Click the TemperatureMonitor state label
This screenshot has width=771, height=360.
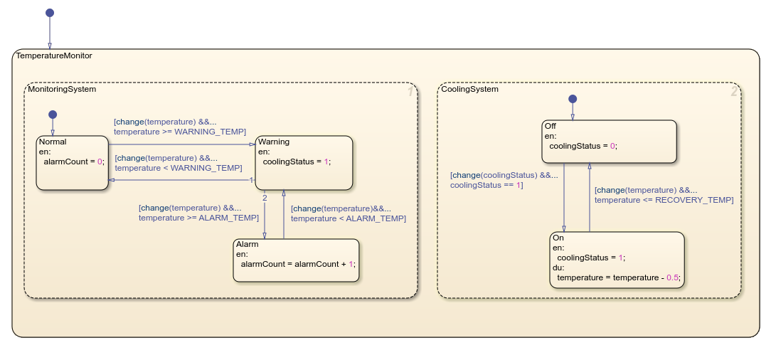(54, 55)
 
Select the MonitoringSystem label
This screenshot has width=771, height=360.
(62, 89)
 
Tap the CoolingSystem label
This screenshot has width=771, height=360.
(469, 89)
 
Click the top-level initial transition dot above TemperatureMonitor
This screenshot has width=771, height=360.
(50, 13)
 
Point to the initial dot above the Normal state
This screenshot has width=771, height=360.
(52, 114)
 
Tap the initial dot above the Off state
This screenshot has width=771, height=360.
(573, 99)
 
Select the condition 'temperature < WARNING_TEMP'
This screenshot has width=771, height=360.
(178, 168)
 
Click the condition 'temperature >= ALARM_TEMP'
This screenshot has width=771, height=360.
(198, 218)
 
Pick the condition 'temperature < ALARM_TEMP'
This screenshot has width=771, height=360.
(348, 218)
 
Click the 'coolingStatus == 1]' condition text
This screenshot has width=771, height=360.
(486, 185)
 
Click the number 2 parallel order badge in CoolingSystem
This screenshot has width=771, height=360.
(733, 92)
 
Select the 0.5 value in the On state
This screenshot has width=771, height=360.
(672, 277)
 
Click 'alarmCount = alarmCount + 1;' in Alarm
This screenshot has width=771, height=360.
(296, 263)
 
